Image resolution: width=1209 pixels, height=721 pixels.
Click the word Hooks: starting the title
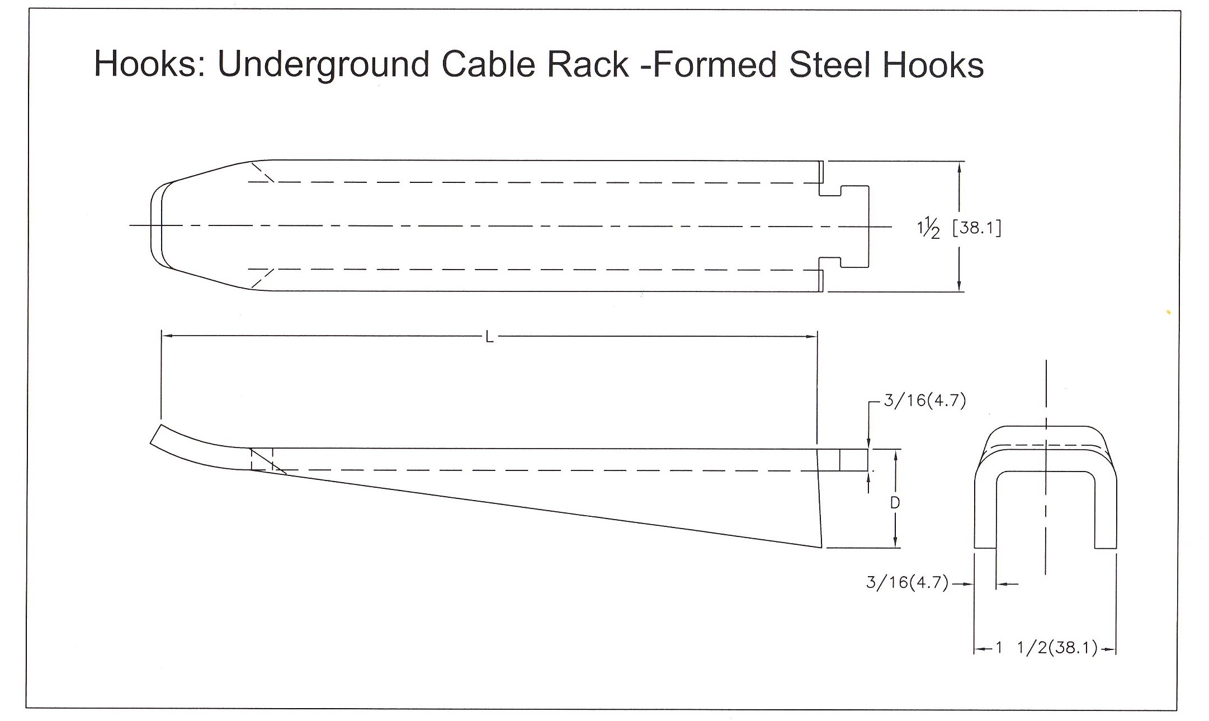[149, 64]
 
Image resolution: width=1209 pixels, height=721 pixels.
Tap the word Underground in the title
[323, 64]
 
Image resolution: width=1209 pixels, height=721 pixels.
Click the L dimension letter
[489, 337]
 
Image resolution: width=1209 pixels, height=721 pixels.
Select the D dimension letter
[895, 503]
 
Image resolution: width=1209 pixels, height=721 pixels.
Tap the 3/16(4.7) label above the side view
[924, 401]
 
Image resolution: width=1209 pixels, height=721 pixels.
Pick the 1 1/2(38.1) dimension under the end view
[1046, 649]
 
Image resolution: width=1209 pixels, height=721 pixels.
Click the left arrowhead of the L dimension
[166, 336]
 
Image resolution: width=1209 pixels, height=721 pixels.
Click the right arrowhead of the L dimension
[812, 336]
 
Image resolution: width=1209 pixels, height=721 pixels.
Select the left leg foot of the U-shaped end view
[985, 543]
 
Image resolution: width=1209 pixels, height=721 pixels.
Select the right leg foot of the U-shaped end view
[1106, 543]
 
